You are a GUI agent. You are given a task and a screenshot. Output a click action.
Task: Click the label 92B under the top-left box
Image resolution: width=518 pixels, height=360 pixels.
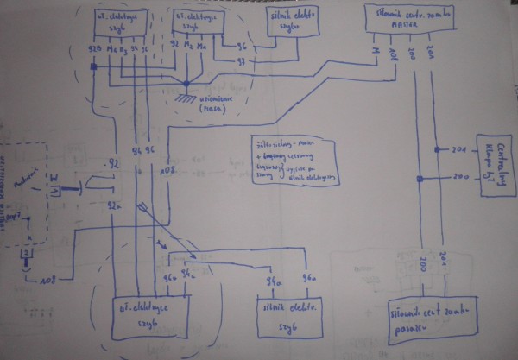(95, 50)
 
